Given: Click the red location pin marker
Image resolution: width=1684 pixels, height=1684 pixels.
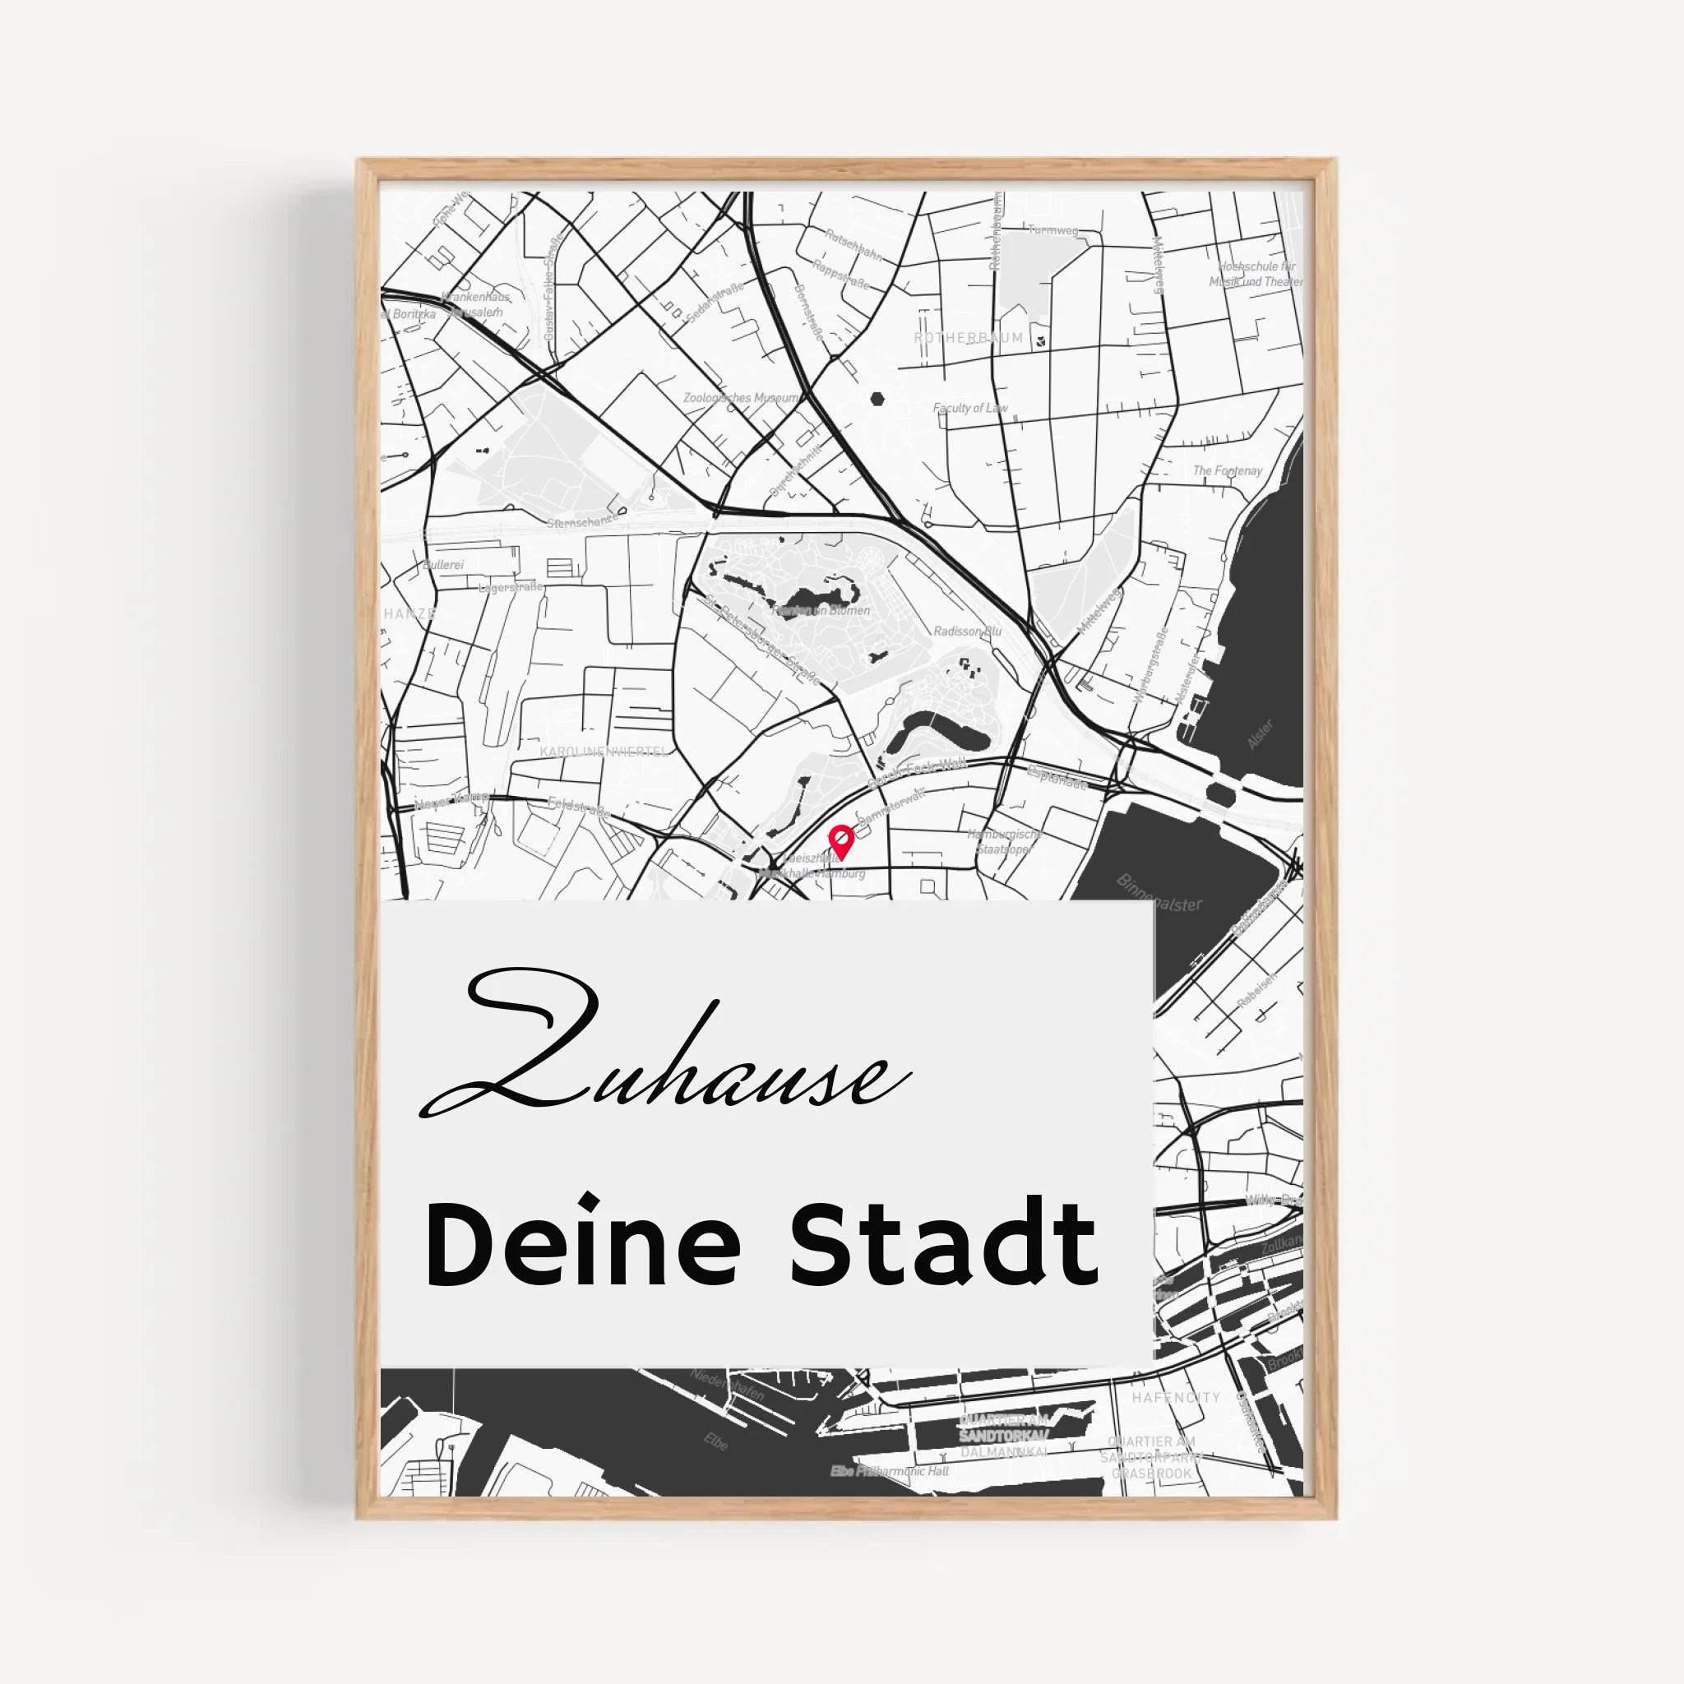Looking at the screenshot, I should coord(840,840).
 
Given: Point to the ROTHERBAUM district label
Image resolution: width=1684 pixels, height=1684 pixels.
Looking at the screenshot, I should coord(969,337).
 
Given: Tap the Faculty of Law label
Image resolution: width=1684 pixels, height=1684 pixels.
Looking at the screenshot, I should coord(970,408).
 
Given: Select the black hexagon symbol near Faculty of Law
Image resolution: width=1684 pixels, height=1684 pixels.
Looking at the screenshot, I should coord(877,399).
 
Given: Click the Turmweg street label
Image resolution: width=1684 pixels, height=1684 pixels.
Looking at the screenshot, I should coord(1053,231).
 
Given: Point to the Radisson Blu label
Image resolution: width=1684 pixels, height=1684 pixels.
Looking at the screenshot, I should coord(968,631).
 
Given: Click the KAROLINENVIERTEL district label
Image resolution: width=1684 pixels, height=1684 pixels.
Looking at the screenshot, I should coord(604,752).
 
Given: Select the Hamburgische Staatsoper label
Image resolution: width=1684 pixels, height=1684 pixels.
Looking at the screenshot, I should coord(1004,841).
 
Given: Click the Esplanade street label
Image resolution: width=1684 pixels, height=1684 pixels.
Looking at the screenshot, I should coord(1058,778).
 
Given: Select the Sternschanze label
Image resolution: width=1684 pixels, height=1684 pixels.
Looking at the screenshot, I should coord(582,521).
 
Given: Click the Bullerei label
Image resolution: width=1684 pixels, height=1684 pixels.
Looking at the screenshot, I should coord(443,565).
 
